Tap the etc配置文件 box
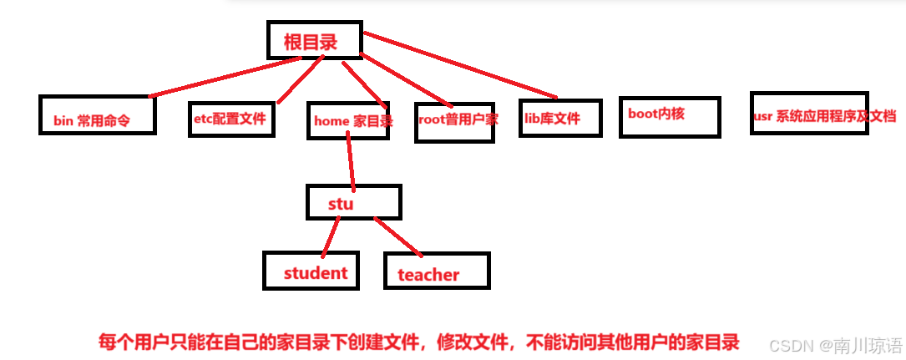point(230,118)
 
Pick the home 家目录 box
point(349,122)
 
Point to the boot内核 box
point(669,117)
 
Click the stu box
point(353,202)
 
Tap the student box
point(311,271)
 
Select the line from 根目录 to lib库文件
point(459,64)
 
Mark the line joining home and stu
point(352,159)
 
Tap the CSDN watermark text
point(835,345)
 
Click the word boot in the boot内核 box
point(644,114)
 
